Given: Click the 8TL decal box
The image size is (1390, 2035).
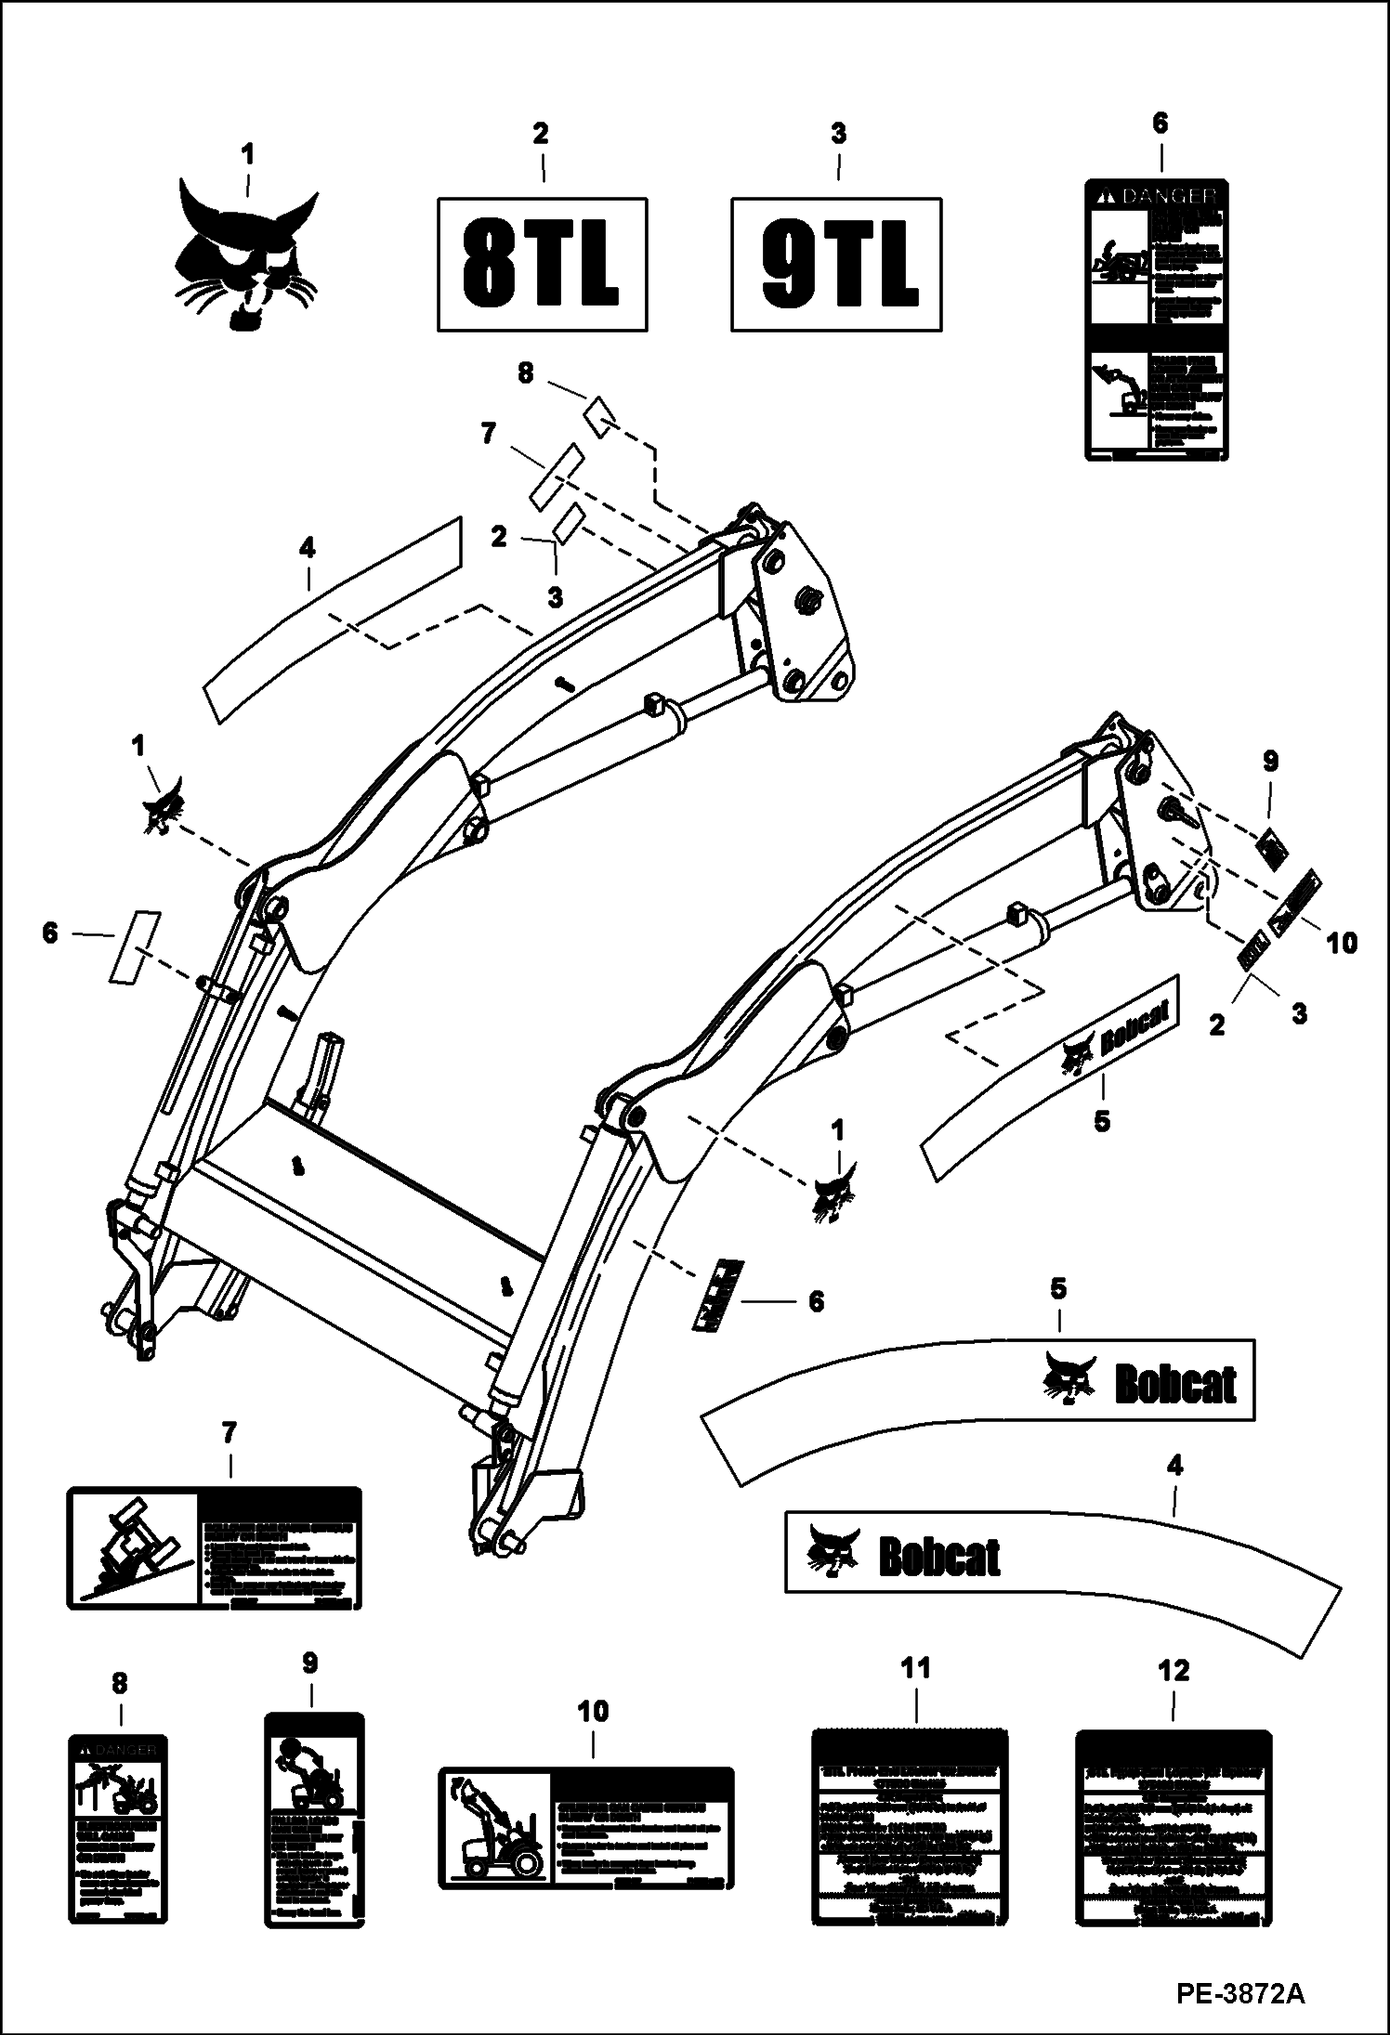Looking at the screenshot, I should tap(542, 264).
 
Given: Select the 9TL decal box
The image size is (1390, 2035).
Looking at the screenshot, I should tap(836, 264).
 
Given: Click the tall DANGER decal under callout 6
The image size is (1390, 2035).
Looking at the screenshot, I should tap(1158, 320).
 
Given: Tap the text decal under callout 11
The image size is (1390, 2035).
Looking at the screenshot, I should tap(910, 1825).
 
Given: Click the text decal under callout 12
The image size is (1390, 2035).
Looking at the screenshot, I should tap(1173, 1825).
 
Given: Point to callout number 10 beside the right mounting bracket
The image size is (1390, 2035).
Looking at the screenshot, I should tap(1342, 943).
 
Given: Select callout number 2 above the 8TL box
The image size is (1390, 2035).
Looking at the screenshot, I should tap(540, 134).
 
